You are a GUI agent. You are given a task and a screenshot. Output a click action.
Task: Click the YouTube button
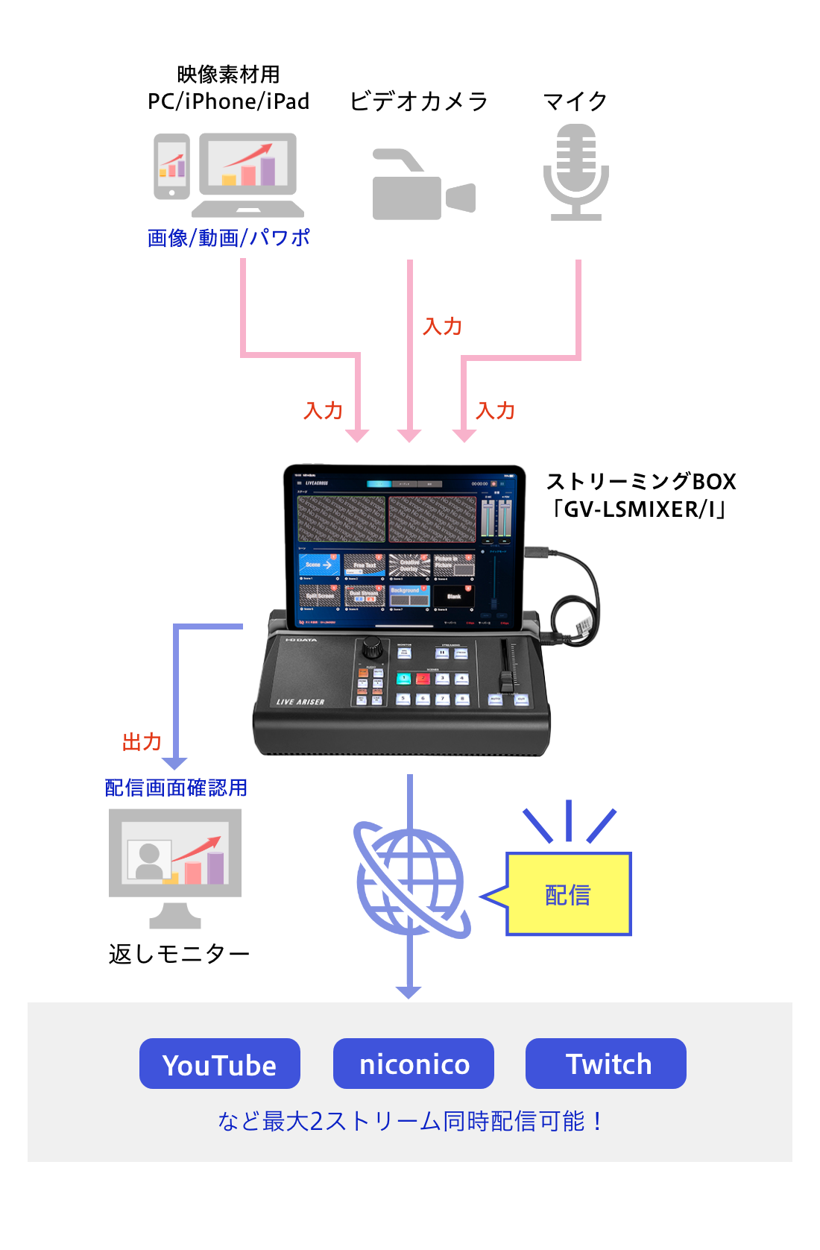[x=220, y=1064]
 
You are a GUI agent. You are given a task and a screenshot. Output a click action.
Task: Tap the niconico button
[x=414, y=1064]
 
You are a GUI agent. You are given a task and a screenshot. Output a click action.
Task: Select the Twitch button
[x=606, y=1064]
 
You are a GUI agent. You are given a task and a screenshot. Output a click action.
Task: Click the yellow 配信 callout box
[x=569, y=894]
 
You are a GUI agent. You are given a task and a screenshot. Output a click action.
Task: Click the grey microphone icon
[x=575, y=172]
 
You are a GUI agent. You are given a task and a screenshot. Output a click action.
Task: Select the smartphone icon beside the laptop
[x=172, y=166]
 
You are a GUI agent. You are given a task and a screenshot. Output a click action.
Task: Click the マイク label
[x=575, y=101]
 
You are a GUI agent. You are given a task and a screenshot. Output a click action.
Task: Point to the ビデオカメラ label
[x=419, y=101]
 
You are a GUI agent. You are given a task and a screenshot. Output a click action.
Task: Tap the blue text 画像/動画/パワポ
[x=228, y=238]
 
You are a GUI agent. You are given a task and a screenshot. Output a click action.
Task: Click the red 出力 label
[x=142, y=742]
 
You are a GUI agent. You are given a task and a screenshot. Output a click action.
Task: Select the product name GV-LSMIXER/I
[x=640, y=509]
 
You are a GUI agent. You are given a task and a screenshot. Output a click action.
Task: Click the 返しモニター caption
[x=179, y=954]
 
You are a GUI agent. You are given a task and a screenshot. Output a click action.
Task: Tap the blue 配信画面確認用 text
[x=176, y=788]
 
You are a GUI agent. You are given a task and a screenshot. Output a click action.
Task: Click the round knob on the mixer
[x=372, y=647]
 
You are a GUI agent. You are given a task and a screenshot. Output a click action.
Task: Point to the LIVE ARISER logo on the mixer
[x=300, y=702]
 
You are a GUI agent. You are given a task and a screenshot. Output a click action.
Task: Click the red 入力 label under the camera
[x=443, y=327]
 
